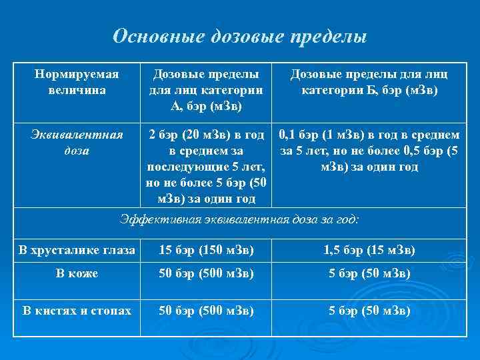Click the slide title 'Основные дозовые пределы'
pos(239,36)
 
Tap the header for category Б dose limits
pos(369,82)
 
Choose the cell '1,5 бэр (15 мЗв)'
pos(369,250)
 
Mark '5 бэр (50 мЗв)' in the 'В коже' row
pos(369,274)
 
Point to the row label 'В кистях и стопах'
pos(77,310)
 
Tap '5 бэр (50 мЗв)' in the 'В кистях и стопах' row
pos(369,310)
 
